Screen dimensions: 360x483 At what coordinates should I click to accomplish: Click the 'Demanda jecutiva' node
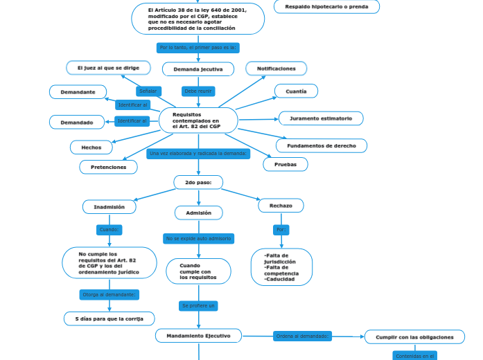(198, 69)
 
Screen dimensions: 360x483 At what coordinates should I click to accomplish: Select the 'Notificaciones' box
(276, 69)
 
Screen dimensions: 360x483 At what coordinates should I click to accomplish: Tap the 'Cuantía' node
(296, 91)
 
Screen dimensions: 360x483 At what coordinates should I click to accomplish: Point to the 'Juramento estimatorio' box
(320, 118)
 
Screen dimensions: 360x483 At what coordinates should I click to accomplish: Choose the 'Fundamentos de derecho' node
(321, 146)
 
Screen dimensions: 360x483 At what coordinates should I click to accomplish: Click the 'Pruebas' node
(286, 165)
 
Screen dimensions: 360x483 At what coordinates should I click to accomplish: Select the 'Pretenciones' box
(108, 167)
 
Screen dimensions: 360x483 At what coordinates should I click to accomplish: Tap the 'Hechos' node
(91, 147)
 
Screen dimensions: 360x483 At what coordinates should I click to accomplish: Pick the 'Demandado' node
(77, 123)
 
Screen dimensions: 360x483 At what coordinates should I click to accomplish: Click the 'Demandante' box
(78, 92)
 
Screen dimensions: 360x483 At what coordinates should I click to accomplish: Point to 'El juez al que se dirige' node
(108, 68)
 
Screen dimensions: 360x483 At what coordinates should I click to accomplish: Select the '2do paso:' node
(198, 183)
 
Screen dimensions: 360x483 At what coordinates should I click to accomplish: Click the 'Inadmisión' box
(109, 207)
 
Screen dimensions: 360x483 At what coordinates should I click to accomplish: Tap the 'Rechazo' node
(281, 206)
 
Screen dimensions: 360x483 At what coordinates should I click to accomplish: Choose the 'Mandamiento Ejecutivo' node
(198, 336)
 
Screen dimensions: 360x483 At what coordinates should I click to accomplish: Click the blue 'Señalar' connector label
(148, 91)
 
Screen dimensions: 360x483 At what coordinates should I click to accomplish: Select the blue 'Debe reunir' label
(198, 91)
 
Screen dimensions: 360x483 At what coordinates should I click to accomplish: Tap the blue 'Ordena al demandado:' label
(302, 336)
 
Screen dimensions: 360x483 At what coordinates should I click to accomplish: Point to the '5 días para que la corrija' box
(109, 318)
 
